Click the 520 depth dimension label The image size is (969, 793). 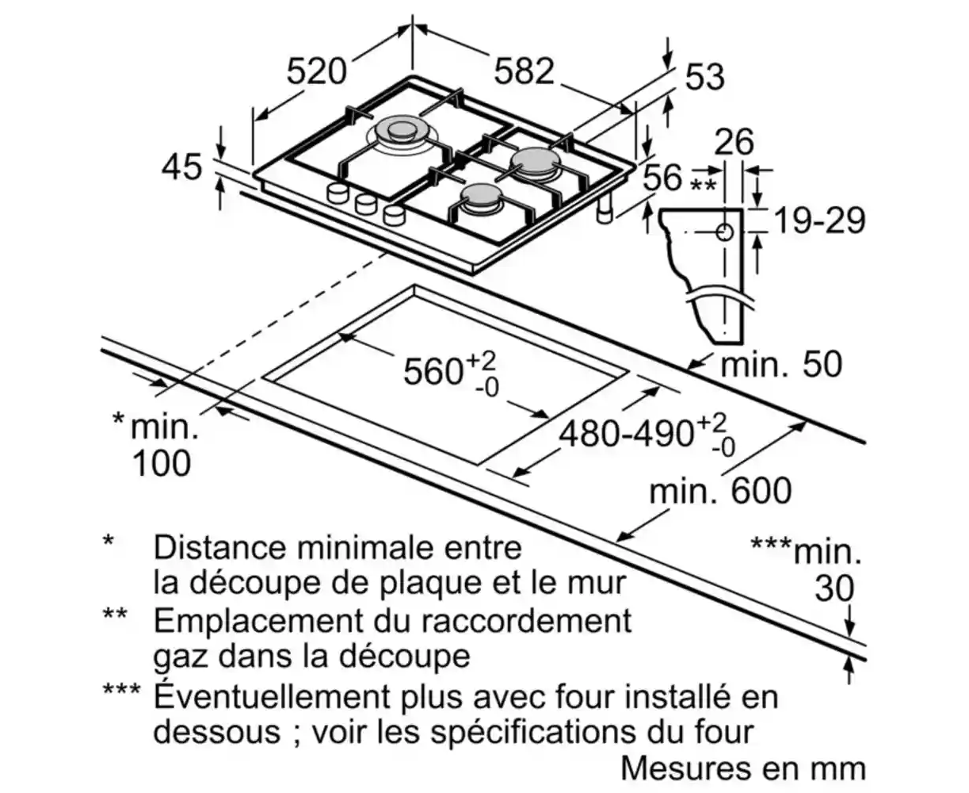[x=316, y=71]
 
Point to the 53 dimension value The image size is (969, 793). [x=704, y=77]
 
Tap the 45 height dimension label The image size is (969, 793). [x=181, y=167]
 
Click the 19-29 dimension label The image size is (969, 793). [x=818, y=221]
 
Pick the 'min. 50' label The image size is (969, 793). [x=780, y=365]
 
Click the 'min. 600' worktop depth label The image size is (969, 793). [x=719, y=491]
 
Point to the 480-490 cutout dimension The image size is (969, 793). [x=626, y=434]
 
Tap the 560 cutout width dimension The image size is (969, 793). [x=433, y=370]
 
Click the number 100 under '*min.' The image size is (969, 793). [x=161, y=463]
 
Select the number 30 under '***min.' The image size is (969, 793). [x=834, y=588]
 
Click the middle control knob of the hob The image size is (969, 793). [x=365, y=203]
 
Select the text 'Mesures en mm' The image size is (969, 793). [x=742, y=768]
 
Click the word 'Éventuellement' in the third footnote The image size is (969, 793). [x=269, y=696]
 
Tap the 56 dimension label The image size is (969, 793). [x=662, y=177]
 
